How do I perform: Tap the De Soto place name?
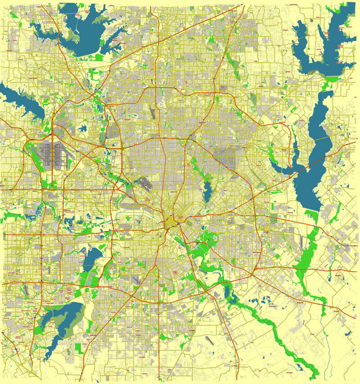pos(139,335)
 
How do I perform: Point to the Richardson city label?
pos(201,122)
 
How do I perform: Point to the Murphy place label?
pos(261,86)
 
